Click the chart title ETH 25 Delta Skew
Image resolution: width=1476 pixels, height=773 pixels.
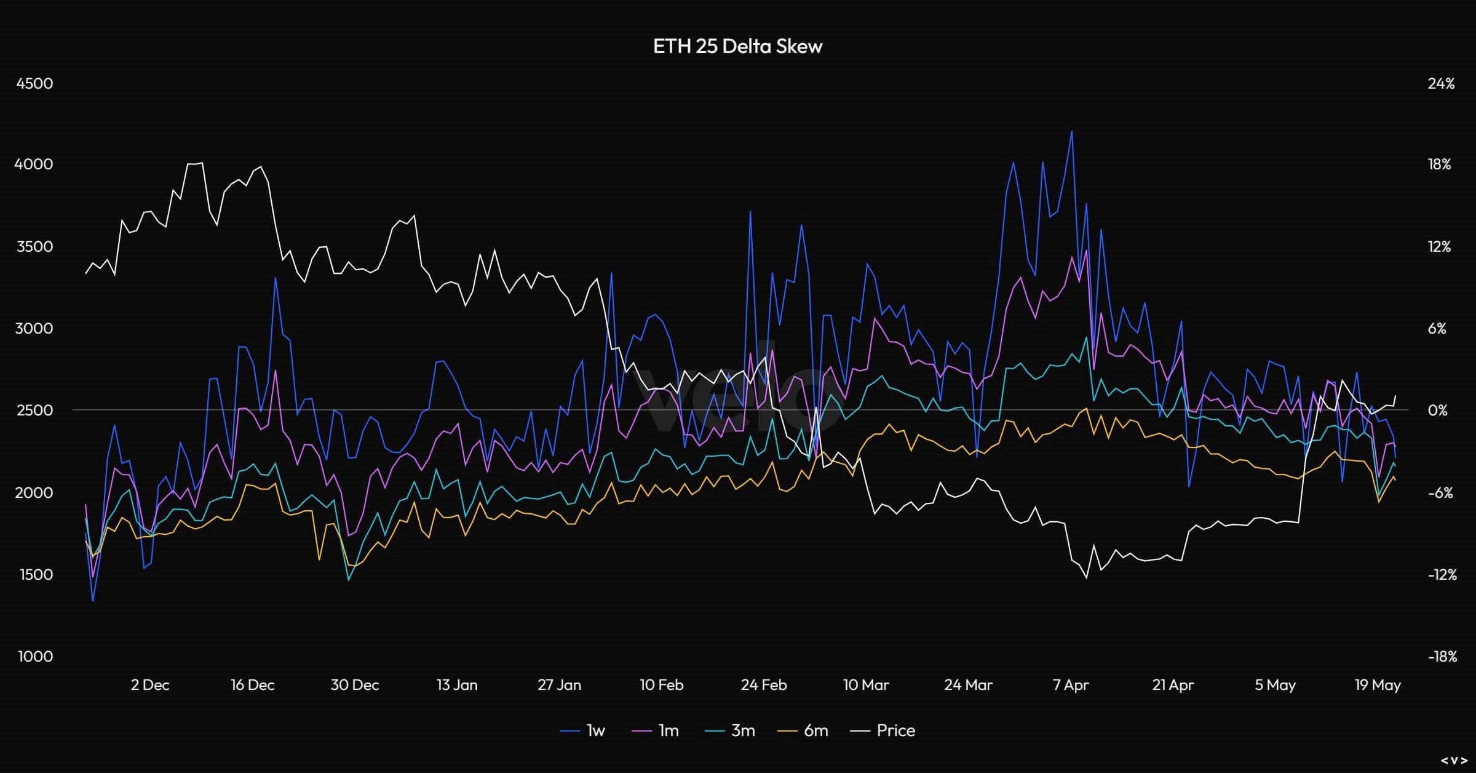click(737, 46)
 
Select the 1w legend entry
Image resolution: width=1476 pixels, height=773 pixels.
click(583, 731)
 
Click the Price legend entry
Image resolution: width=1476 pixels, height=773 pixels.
click(883, 731)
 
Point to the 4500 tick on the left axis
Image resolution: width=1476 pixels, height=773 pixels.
click(34, 84)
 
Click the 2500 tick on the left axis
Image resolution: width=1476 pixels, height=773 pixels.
click(34, 411)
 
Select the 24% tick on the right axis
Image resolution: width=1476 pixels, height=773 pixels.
click(1441, 84)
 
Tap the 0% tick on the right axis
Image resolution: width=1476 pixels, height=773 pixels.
click(1437, 411)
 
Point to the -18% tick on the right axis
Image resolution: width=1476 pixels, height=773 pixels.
click(1442, 657)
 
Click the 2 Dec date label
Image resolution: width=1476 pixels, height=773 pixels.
click(150, 685)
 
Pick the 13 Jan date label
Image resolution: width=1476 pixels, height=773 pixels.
click(457, 685)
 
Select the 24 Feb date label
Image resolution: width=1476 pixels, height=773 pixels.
click(764, 685)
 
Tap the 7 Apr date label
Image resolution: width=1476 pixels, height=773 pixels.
click(1071, 685)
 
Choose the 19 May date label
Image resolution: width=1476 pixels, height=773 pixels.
click(1378, 685)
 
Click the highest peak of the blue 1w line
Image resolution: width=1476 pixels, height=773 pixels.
click(1072, 131)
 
